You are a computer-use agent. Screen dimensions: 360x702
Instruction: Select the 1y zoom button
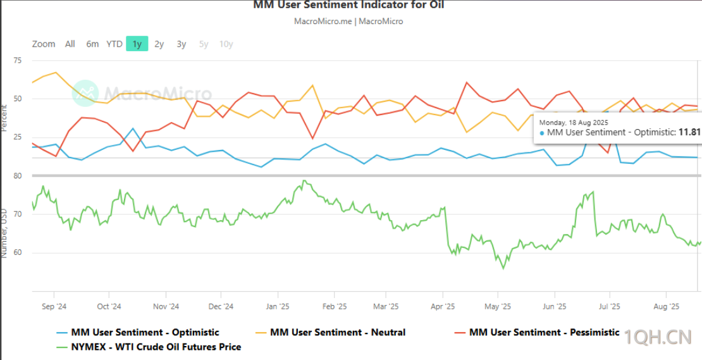click(x=137, y=44)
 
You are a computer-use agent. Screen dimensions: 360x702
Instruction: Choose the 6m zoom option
click(x=92, y=44)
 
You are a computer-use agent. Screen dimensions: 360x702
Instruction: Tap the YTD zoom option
click(x=114, y=44)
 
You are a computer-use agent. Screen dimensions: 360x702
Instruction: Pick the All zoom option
click(x=70, y=44)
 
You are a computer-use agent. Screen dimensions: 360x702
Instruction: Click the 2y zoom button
click(x=159, y=44)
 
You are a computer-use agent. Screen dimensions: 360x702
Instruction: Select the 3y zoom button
click(x=182, y=44)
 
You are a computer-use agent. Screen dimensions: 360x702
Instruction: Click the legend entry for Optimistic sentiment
click(x=145, y=332)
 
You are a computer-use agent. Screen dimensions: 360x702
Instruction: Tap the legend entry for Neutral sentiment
click(x=338, y=332)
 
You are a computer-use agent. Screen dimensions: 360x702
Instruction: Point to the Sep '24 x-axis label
click(x=54, y=307)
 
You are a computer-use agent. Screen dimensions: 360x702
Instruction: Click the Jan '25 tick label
click(x=278, y=307)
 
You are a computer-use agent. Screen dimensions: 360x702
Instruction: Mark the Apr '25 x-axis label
click(x=443, y=307)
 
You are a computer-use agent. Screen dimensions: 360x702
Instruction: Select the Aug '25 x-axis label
click(x=665, y=307)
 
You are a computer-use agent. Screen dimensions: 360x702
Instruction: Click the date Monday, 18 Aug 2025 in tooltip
click(x=574, y=121)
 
